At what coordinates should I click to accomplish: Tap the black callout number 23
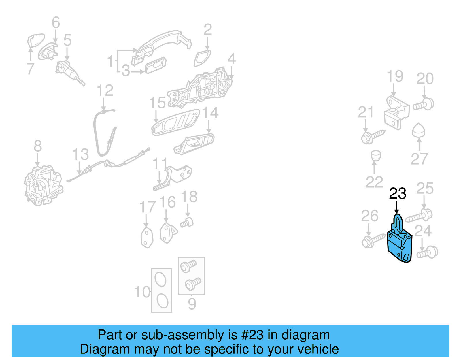(x=397, y=193)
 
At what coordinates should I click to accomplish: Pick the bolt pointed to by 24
(x=428, y=252)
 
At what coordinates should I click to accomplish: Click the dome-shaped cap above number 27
(x=419, y=131)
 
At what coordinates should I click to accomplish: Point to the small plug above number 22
(x=375, y=156)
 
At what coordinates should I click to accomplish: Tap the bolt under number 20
(x=424, y=104)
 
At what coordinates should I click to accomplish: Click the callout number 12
(x=105, y=91)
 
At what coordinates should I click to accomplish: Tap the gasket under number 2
(x=203, y=58)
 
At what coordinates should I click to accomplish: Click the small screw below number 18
(x=187, y=223)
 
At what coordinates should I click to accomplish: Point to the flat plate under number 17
(x=147, y=238)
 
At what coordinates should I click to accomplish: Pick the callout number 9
(x=192, y=304)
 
